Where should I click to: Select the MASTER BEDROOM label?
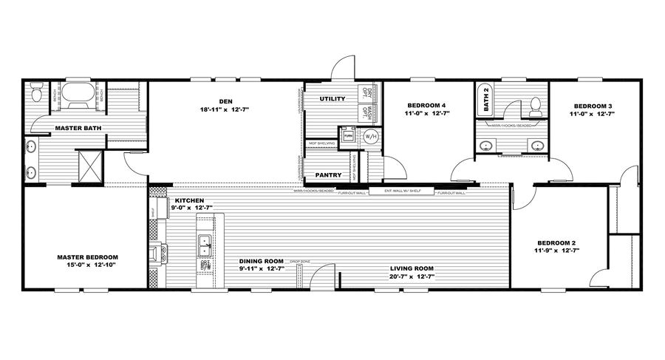[87, 257]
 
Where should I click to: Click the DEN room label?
[225, 101]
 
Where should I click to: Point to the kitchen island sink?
[205, 244]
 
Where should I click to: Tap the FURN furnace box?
[347, 135]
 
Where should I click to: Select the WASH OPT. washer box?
[366, 113]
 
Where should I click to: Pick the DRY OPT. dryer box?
[366, 92]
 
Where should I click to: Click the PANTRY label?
[327, 175]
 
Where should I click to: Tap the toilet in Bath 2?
[536, 108]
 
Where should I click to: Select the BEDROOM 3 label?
[591, 106]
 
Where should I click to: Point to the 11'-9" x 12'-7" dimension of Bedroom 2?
[557, 251]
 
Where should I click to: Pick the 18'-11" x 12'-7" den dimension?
[225, 109]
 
